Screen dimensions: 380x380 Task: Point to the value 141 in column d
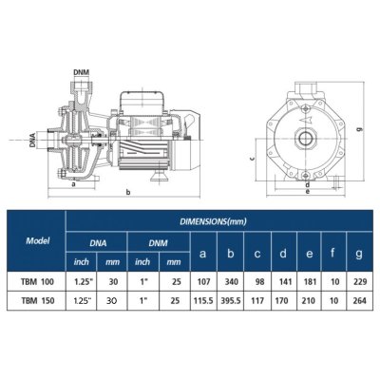[x=282, y=281]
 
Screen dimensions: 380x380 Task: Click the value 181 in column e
[x=310, y=281]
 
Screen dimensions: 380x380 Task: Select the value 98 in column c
[x=256, y=281]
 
